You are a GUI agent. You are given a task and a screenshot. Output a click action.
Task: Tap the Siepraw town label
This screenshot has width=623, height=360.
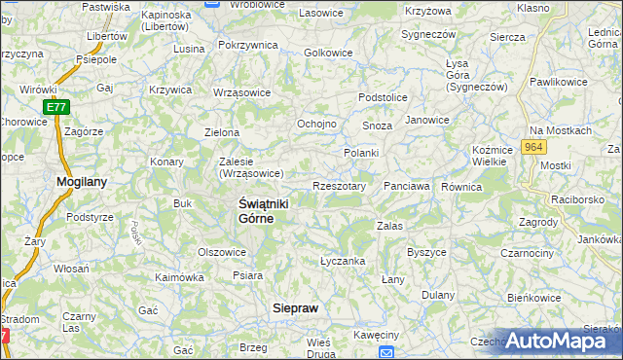coord(294,306)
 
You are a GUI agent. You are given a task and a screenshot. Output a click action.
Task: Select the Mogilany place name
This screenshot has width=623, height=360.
coord(82,181)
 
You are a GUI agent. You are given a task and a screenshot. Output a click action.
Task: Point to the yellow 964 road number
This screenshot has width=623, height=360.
coord(531,146)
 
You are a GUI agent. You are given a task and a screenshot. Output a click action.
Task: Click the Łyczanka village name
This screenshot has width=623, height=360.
coord(343,261)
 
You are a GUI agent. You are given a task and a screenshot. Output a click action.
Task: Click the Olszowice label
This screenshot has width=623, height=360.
coord(222,251)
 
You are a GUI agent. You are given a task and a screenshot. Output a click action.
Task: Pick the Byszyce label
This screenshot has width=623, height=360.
coord(426,252)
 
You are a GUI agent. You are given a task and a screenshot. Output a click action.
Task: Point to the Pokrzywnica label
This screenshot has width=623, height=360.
coord(247,46)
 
